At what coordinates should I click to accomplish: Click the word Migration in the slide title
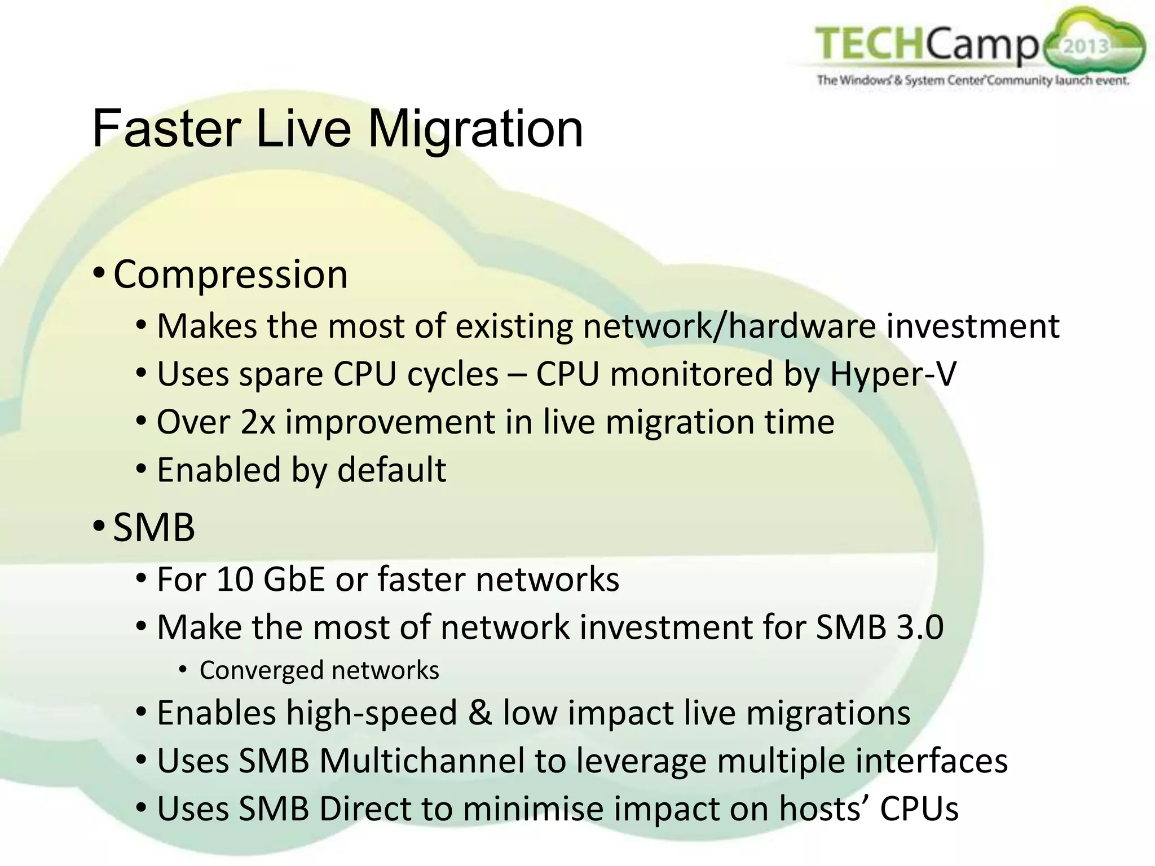(x=475, y=130)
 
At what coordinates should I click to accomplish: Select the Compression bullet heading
(x=230, y=275)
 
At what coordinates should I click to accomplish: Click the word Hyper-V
(x=893, y=374)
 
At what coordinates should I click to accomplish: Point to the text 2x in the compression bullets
(x=258, y=422)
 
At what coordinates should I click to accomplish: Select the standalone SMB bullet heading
(x=153, y=528)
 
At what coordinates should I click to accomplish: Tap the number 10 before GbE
(x=235, y=579)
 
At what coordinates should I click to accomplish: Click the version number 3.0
(x=920, y=627)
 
